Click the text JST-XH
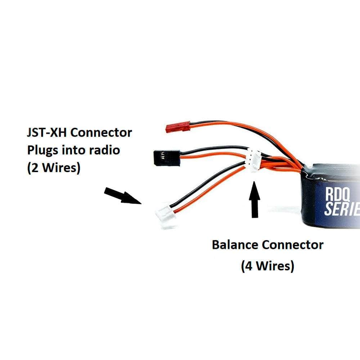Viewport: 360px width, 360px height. [x=47, y=132]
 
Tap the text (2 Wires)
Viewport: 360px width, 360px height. [x=53, y=168]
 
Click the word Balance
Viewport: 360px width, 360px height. [x=235, y=245]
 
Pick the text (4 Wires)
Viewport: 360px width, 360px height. [x=267, y=266]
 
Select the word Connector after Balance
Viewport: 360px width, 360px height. [x=292, y=245]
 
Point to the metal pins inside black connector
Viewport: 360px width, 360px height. [x=163, y=156]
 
